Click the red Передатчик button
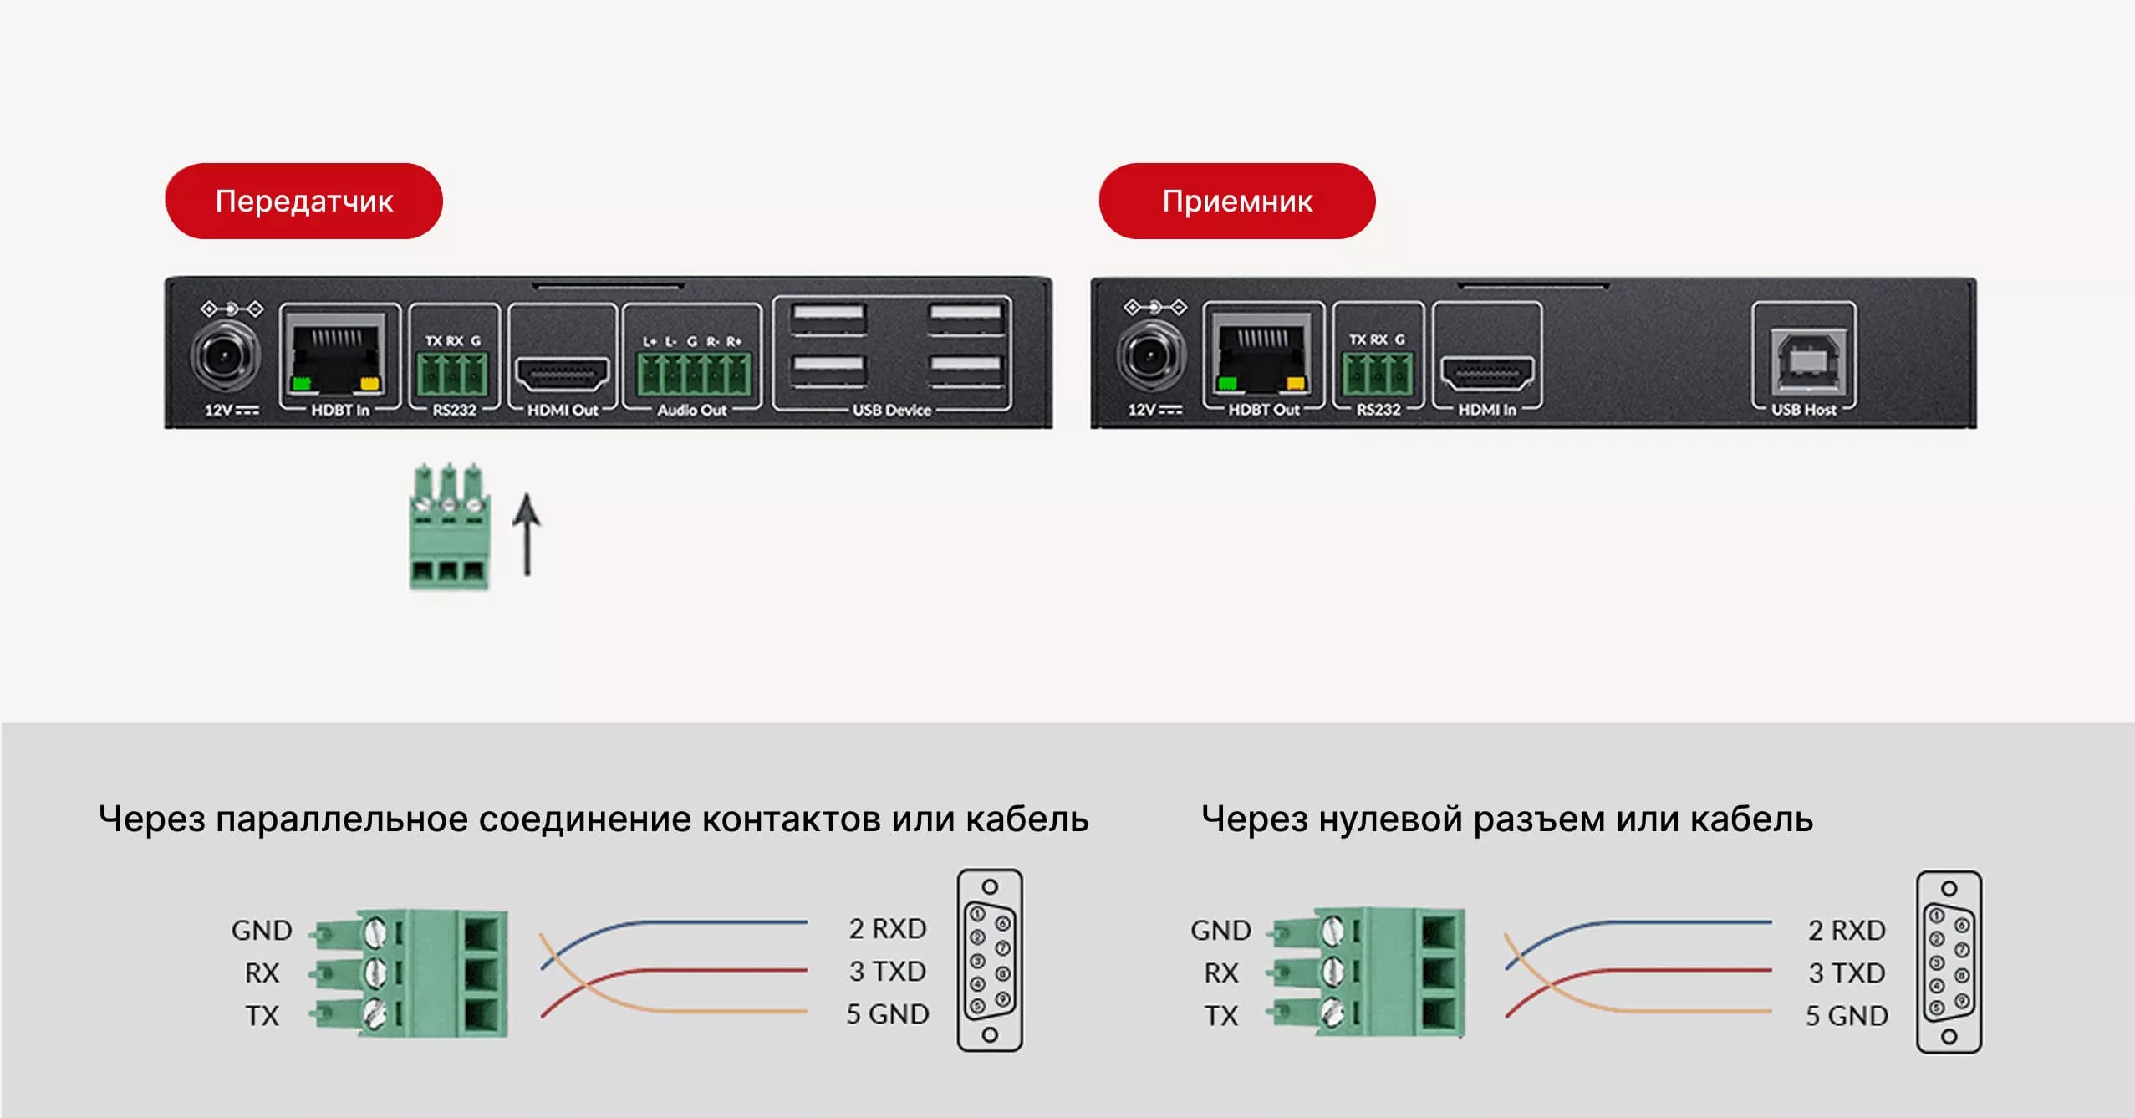303,202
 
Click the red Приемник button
1236,202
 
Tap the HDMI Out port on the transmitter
562,375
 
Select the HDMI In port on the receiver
1487,374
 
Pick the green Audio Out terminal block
693,374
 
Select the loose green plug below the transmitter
449,527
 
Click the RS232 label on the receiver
1378,410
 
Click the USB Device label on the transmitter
891,411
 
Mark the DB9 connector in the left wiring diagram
990,960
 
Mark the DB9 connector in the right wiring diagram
1948,962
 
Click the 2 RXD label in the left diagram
888,928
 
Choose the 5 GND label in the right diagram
1846,1015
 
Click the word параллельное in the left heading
341,819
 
